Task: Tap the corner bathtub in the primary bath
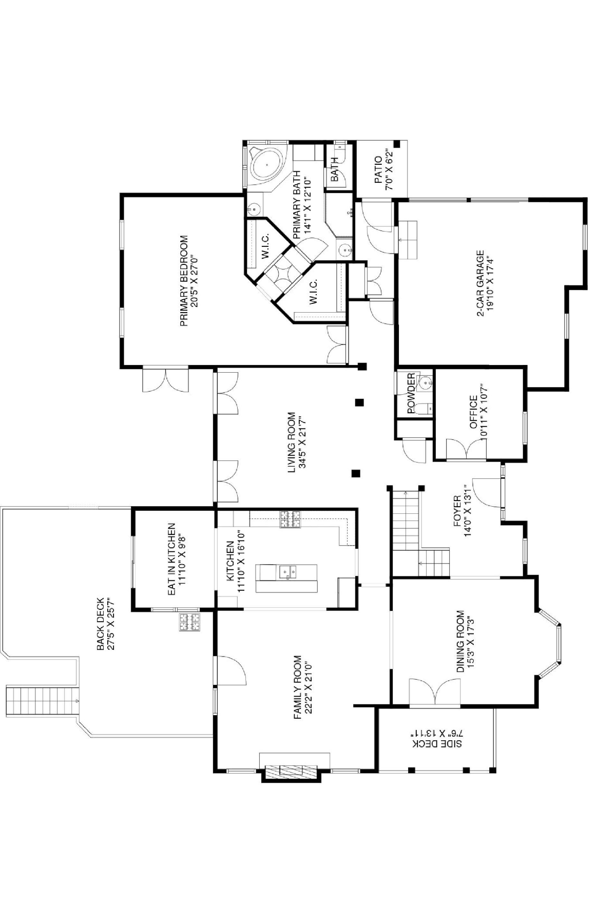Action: (266, 165)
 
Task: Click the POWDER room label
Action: (411, 393)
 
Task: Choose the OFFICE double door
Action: (467, 448)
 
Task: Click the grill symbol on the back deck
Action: (189, 622)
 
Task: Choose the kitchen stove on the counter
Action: (290, 519)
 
